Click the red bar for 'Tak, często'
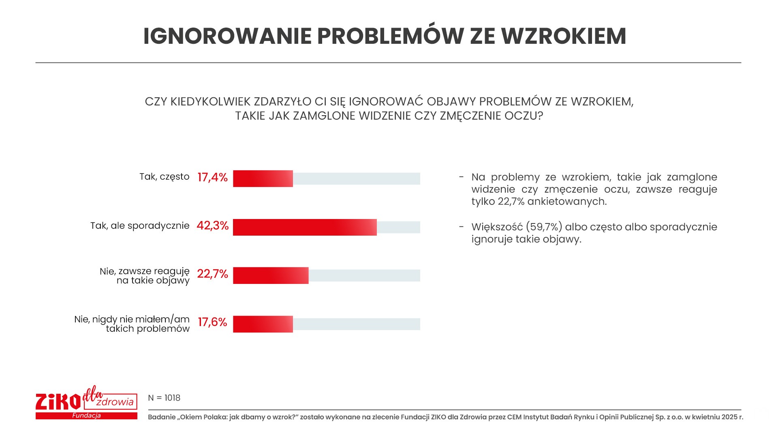263,178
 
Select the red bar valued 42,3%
305,227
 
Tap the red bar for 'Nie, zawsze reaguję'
271,275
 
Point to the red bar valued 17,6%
263,324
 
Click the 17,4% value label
212,177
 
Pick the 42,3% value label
212,225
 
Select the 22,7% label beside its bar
212,274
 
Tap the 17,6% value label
212,322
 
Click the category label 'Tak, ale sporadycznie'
140,225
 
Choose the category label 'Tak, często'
165,177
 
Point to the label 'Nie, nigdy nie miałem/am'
132,320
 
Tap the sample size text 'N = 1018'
164,398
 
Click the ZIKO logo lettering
58,401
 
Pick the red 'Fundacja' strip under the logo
86,416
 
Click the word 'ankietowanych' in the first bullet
567,202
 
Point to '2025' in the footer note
729,417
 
